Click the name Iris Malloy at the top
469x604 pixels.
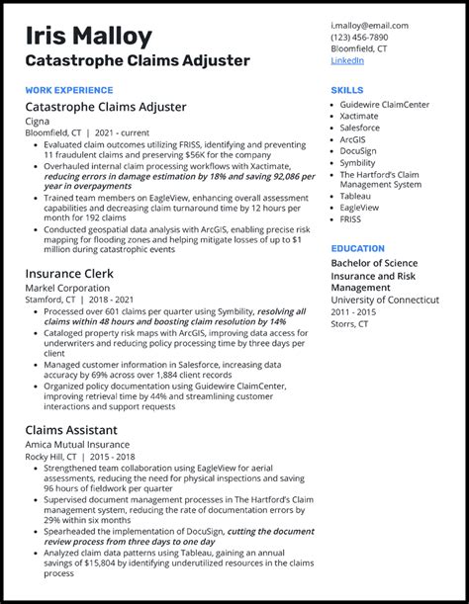tap(89, 37)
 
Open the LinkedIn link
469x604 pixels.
tap(347, 60)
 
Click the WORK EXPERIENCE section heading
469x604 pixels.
tap(68, 90)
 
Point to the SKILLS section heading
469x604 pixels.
tap(347, 90)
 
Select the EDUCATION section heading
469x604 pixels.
tap(358, 249)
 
